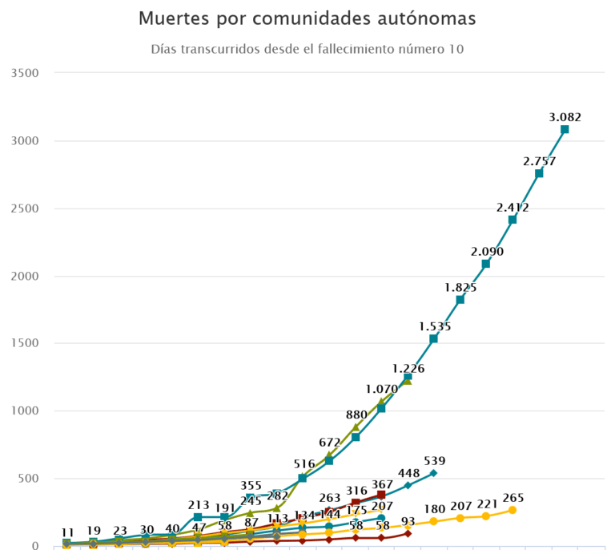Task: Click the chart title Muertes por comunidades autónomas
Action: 307,18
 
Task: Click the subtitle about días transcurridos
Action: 307,49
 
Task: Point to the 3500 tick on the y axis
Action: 26,73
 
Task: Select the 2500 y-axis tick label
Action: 26,208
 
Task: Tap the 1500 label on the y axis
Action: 26,343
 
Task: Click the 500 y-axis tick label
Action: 30,479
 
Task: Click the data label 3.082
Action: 565,117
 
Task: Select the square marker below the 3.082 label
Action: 565,129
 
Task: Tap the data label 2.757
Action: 539,161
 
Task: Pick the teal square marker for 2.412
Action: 512,220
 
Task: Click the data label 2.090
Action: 486,252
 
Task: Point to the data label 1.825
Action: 460,287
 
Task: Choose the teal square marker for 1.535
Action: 433,339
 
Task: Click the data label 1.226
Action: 408,368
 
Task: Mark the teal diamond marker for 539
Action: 433,473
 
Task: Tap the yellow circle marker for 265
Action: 512,510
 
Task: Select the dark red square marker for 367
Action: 381,495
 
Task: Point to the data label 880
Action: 356,415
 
